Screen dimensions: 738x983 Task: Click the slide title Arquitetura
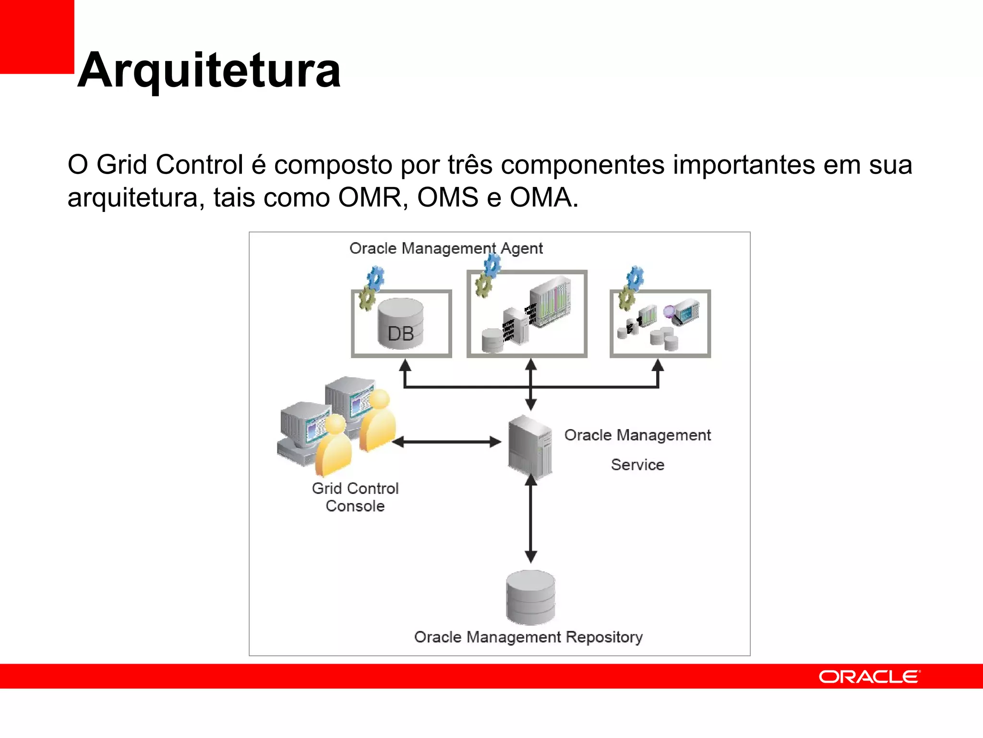(x=209, y=71)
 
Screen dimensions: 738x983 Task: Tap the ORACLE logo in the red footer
(x=869, y=676)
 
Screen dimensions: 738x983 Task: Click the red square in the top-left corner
(x=36, y=37)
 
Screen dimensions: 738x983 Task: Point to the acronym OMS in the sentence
(x=448, y=197)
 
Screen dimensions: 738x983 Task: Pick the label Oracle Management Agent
(x=445, y=248)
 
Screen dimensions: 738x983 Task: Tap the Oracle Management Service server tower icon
(x=530, y=446)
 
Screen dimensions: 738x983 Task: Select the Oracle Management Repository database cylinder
(x=530, y=597)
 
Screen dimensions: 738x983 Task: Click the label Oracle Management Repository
(x=528, y=637)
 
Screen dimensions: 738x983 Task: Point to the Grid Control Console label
(x=355, y=497)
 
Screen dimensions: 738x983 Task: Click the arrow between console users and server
(x=446, y=442)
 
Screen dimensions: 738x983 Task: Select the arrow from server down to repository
(x=530, y=519)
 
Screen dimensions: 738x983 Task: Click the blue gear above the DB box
(x=376, y=278)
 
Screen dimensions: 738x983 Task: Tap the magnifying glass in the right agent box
(x=669, y=311)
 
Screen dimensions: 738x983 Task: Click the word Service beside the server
(x=637, y=465)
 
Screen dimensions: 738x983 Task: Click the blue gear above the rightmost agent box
(x=635, y=277)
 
